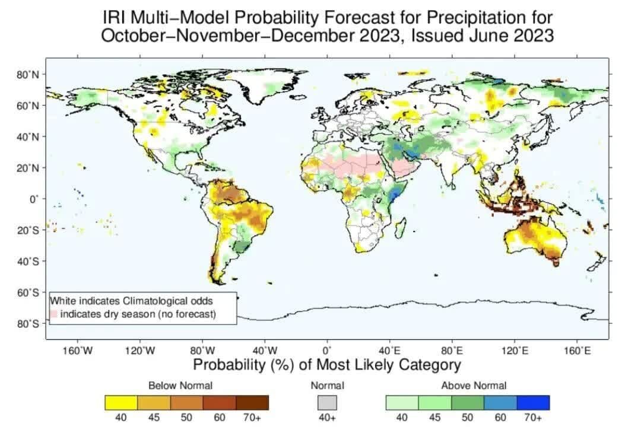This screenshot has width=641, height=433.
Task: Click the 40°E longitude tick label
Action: click(x=390, y=351)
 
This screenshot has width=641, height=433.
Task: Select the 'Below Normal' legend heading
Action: click(x=180, y=386)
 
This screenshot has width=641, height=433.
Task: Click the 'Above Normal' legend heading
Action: click(x=474, y=386)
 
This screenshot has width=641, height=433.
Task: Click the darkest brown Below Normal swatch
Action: click(x=252, y=403)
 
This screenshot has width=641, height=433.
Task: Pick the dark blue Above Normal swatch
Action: click(x=533, y=403)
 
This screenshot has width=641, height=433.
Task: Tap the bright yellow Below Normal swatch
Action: click(x=121, y=403)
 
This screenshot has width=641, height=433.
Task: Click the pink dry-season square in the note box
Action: click(x=54, y=313)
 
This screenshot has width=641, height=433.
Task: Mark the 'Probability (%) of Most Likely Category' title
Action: click(x=326, y=364)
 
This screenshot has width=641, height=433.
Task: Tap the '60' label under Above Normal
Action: click(x=500, y=418)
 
